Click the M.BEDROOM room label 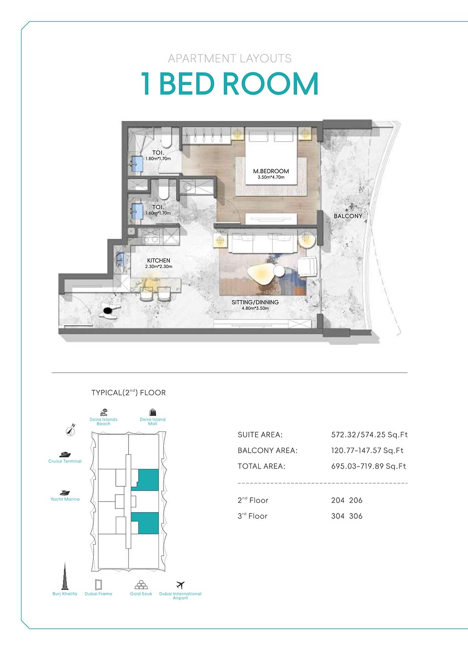pyautogui.click(x=271, y=171)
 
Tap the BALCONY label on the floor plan pyautogui.click(x=348, y=216)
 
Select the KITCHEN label pyautogui.click(x=158, y=261)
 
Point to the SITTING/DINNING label pyautogui.click(x=255, y=302)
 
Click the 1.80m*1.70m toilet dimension pyautogui.click(x=158, y=159)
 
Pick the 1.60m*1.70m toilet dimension pyautogui.click(x=158, y=213)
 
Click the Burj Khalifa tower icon pyautogui.click(x=65, y=576)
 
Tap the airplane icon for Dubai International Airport pyautogui.click(x=180, y=585)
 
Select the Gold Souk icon pyautogui.click(x=141, y=585)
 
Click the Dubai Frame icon pyautogui.click(x=98, y=584)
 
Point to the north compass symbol pyautogui.click(x=71, y=430)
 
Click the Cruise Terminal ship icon pyautogui.click(x=65, y=454)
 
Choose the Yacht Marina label pyautogui.click(x=65, y=499)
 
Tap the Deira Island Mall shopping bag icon pyautogui.click(x=152, y=412)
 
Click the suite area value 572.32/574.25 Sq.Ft pyautogui.click(x=369, y=435)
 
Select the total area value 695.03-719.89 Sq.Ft pyautogui.click(x=368, y=466)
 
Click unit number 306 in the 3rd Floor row pyautogui.click(x=355, y=516)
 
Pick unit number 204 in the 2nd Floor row pyautogui.click(x=338, y=501)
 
